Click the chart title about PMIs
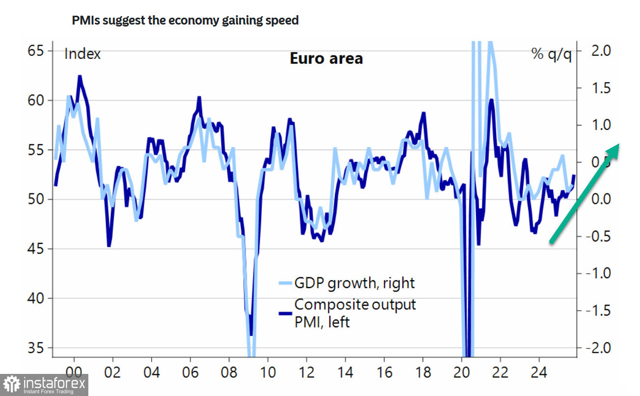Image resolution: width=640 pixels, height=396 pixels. (x=185, y=21)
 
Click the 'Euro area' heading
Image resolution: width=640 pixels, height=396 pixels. (x=326, y=58)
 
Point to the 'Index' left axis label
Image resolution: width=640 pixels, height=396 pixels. (x=82, y=53)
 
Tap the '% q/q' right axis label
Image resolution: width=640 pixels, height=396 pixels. (x=552, y=53)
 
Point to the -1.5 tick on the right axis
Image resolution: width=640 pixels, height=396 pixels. (x=595, y=311)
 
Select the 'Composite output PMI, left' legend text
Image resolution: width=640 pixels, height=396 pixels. (x=355, y=313)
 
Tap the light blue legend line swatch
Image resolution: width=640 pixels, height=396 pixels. (x=285, y=283)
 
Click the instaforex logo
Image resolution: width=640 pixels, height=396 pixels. (x=44, y=385)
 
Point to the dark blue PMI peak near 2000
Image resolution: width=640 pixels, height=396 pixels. (x=80, y=77)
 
